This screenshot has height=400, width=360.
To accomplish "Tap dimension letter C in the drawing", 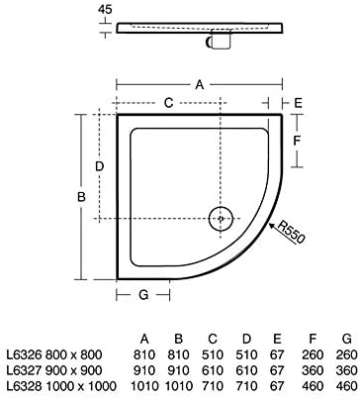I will pos(168,101).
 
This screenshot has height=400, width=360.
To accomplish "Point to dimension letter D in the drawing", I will pos(100,166).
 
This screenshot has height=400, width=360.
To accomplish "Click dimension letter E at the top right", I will pos(298,101).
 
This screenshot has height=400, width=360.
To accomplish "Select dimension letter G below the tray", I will pos(143,294).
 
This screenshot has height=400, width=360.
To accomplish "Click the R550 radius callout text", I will pos(292,237).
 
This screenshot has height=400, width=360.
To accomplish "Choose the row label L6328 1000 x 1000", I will pos(57,383).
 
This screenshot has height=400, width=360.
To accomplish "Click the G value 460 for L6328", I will pos(345,383).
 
